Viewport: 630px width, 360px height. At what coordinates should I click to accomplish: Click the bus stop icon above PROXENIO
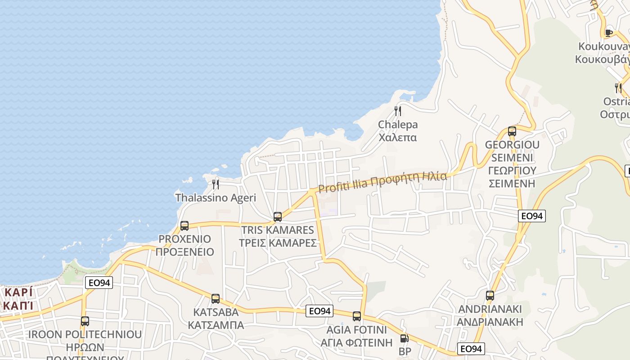click(184, 225)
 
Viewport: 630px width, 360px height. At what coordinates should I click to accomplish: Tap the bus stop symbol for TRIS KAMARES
click(278, 216)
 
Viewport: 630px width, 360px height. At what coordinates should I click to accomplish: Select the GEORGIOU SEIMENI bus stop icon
click(512, 131)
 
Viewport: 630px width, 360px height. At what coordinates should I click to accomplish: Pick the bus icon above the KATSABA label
click(216, 298)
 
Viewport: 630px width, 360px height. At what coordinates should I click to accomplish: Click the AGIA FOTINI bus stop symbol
click(357, 316)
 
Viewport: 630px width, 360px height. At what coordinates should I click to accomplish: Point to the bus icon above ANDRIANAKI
click(490, 296)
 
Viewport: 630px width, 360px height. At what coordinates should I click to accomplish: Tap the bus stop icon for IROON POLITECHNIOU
click(85, 321)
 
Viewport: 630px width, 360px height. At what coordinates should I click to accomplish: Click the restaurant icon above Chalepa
click(397, 111)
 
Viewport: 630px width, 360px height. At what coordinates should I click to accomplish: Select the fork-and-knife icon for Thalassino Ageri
click(216, 184)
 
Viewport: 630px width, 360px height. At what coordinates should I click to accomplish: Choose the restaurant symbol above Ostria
click(618, 88)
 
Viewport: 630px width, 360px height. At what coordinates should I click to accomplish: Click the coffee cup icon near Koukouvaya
click(609, 32)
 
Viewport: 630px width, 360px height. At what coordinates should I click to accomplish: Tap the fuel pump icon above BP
click(405, 338)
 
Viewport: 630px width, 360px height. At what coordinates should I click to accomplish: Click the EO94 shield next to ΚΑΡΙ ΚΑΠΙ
click(99, 283)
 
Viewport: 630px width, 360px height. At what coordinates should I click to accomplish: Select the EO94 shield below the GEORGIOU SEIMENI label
click(531, 216)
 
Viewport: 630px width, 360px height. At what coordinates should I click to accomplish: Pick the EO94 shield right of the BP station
click(471, 348)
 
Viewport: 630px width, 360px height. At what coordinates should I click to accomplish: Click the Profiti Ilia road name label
click(382, 181)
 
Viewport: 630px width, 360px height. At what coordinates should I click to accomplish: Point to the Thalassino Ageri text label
click(216, 198)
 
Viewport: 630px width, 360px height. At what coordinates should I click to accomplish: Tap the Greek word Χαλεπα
click(398, 137)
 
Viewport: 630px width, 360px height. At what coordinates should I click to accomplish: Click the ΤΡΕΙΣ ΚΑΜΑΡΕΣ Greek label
click(278, 243)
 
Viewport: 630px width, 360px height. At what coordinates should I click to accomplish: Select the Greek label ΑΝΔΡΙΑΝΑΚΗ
click(490, 322)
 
